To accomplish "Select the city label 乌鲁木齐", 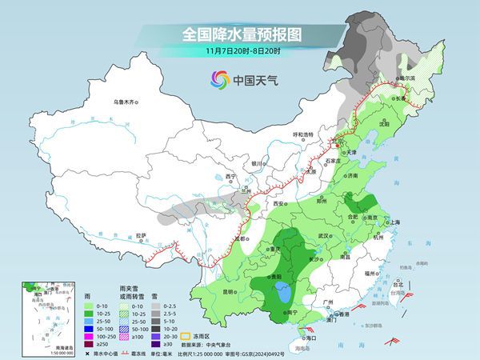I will click(126, 102).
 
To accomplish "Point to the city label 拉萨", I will click(141, 235).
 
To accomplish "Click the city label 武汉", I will click(323, 236).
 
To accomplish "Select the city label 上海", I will click(394, 222).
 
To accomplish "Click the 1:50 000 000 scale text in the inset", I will click(38, 353).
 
